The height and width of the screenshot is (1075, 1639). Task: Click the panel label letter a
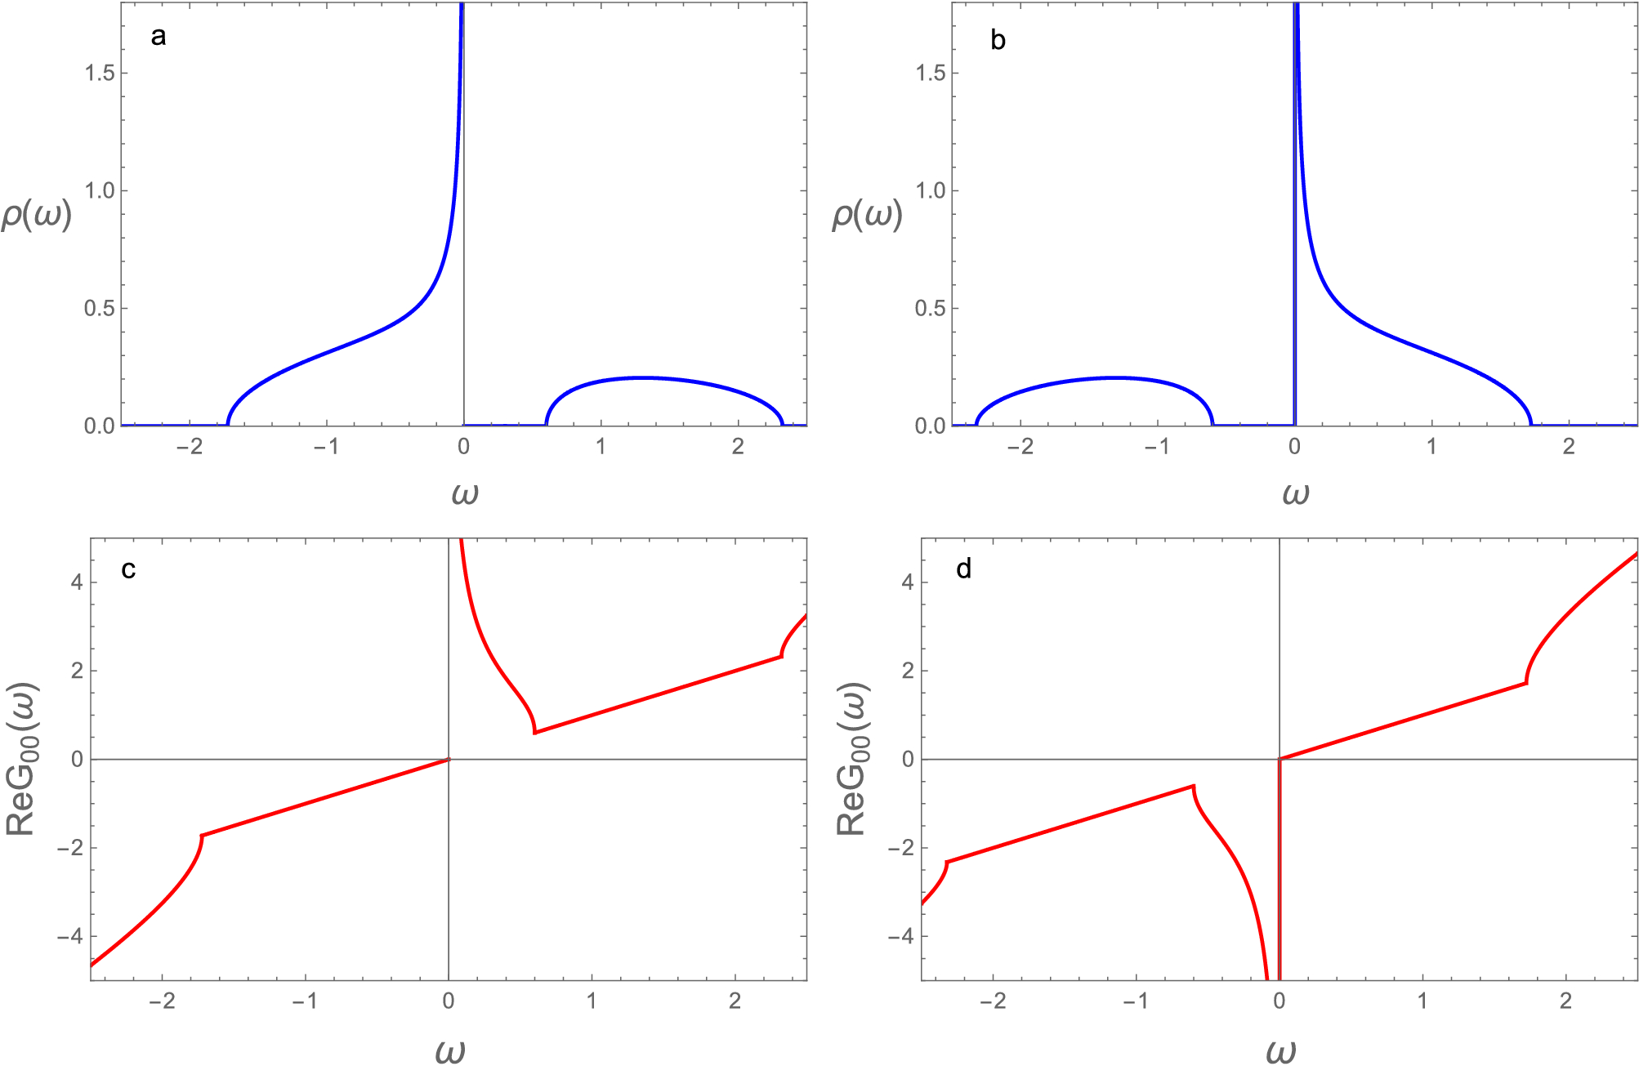pyautogui.click(x=159, y=37)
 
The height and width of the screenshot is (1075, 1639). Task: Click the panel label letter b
pyautogui.click(x=998, y=41)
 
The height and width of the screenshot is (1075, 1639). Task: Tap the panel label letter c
pyautogui.click(x=128, y=569)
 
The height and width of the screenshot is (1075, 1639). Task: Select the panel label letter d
pyautogui.click(x=964, y=569)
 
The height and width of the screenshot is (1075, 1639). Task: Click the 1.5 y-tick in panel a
pyautogui.click(x=100, y=73)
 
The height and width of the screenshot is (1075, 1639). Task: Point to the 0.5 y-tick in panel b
pyautogui.click(x=931, y=309)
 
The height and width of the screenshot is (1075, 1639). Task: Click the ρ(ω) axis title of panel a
pyautogui.click(x=37, y=214)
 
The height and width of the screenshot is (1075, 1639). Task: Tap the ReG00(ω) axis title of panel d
pyautogui.click(x=852, y=759)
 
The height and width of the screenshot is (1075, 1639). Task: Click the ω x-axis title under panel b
pyautogui.click(x=1296, y=493)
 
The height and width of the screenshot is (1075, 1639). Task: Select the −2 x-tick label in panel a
pyautogui.click(x=189, y=447)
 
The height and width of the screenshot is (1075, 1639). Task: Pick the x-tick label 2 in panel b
pyautogui.click(x=1569, y=447)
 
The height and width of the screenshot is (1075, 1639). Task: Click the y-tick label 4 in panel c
pyautogui.click(x=77, y=583)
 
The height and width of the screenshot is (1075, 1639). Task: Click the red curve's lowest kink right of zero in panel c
pyautogui.click(x=534, y=732)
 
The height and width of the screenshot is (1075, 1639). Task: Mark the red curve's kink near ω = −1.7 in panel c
pyautogui.click(x=202, y=835)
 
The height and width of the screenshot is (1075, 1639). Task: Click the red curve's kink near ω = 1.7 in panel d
pyautogui.click(x=1526, y=683)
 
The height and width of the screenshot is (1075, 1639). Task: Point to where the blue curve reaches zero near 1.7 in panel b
pyautogui.click(x=1531, y=425)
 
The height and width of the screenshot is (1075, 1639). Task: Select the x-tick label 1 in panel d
pyautogui.click(x=1422, y=1001)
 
